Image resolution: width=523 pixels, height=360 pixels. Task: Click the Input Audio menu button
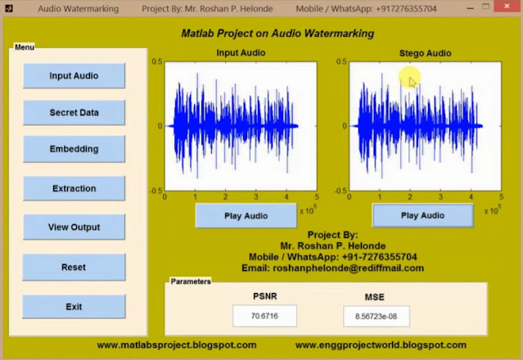[x=74, y=76]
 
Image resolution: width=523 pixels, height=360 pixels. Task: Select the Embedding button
[x=74, y=150]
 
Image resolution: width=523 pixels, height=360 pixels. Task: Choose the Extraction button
[x=74, y=189]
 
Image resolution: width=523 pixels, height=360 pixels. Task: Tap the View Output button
[x=74, y=227]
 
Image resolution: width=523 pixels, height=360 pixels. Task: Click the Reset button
[x=74, y=268]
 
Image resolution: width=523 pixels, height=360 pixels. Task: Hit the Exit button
[x=74, y=307]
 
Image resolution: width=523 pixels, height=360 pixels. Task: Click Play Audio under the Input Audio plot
[x=246, y=216]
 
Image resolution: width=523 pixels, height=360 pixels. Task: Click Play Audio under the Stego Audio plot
[x=422, y=216]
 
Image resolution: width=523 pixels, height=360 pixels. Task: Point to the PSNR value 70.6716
[x=264, y=315]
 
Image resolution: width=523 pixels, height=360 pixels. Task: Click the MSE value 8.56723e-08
[x=376, y=315]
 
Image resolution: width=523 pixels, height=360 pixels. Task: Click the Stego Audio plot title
[x=425, y=53]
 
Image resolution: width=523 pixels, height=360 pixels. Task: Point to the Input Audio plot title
[x=241, y=53]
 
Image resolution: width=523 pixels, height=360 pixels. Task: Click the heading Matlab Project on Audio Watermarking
[x=277, y=34]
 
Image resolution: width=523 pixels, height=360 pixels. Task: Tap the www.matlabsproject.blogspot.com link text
[x=176, y=345]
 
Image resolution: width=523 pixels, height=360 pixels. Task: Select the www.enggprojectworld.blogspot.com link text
[x=381, y=345]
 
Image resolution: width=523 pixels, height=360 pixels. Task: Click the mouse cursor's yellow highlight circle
[x=410, y=79]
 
